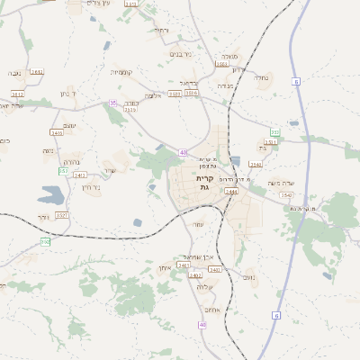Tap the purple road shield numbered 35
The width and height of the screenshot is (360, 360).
tap(113, 103)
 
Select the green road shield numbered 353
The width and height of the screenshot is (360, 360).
tap(274, 132)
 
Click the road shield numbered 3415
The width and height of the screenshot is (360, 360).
tap(57, 132)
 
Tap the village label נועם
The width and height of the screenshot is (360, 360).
tap(248, 277)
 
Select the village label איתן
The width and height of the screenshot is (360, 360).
tap(165, 267)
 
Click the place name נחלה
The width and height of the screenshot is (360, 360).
tap(262, 78)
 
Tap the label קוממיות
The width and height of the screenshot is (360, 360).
tap(121, 72)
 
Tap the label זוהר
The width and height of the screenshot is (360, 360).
tap(45, 217)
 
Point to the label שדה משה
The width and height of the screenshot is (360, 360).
tap(282, 183)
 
